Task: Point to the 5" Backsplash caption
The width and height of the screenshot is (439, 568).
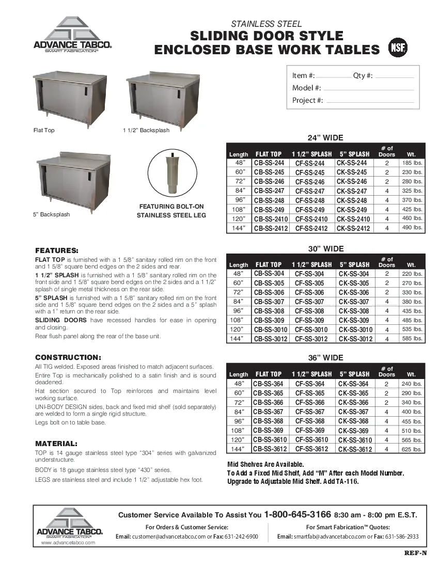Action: (52, 214)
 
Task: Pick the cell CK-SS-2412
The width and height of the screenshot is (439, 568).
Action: (353, 228)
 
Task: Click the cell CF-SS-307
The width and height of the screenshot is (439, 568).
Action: (309, 302)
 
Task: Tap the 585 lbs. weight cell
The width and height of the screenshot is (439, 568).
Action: (412, 339)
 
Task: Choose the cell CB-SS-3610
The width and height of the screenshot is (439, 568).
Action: (270, 440)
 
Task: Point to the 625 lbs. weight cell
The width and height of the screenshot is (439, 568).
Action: (412, 449)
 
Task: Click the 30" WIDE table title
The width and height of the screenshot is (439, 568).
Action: (325, 249)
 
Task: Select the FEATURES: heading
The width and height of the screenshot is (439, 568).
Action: (57, 250)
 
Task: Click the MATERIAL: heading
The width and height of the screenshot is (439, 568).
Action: (56, 444)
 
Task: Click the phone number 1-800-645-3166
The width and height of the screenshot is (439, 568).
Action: (297, 515)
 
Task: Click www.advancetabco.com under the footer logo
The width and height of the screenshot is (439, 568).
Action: (68, 543)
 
